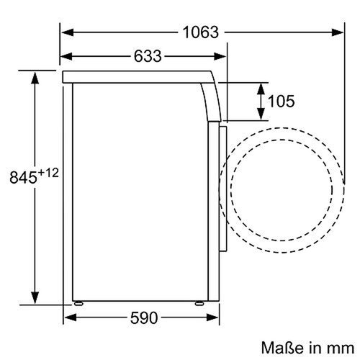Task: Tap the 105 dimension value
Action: click(280, 102)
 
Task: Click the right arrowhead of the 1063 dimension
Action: click(340, 32)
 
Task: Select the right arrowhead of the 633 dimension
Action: click(218, 56)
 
